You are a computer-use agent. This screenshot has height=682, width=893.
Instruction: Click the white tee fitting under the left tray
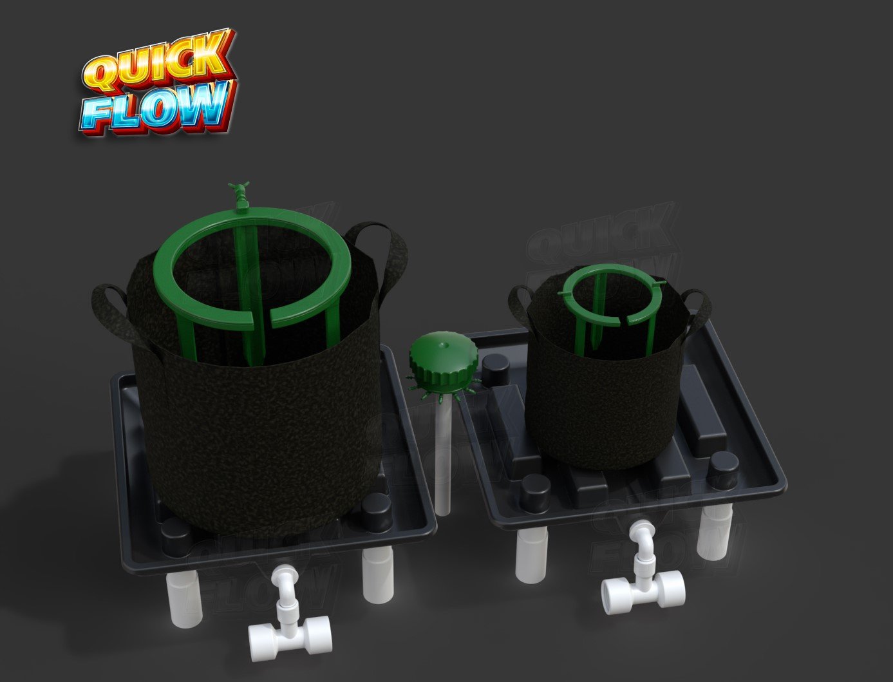tap(290, 641)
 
